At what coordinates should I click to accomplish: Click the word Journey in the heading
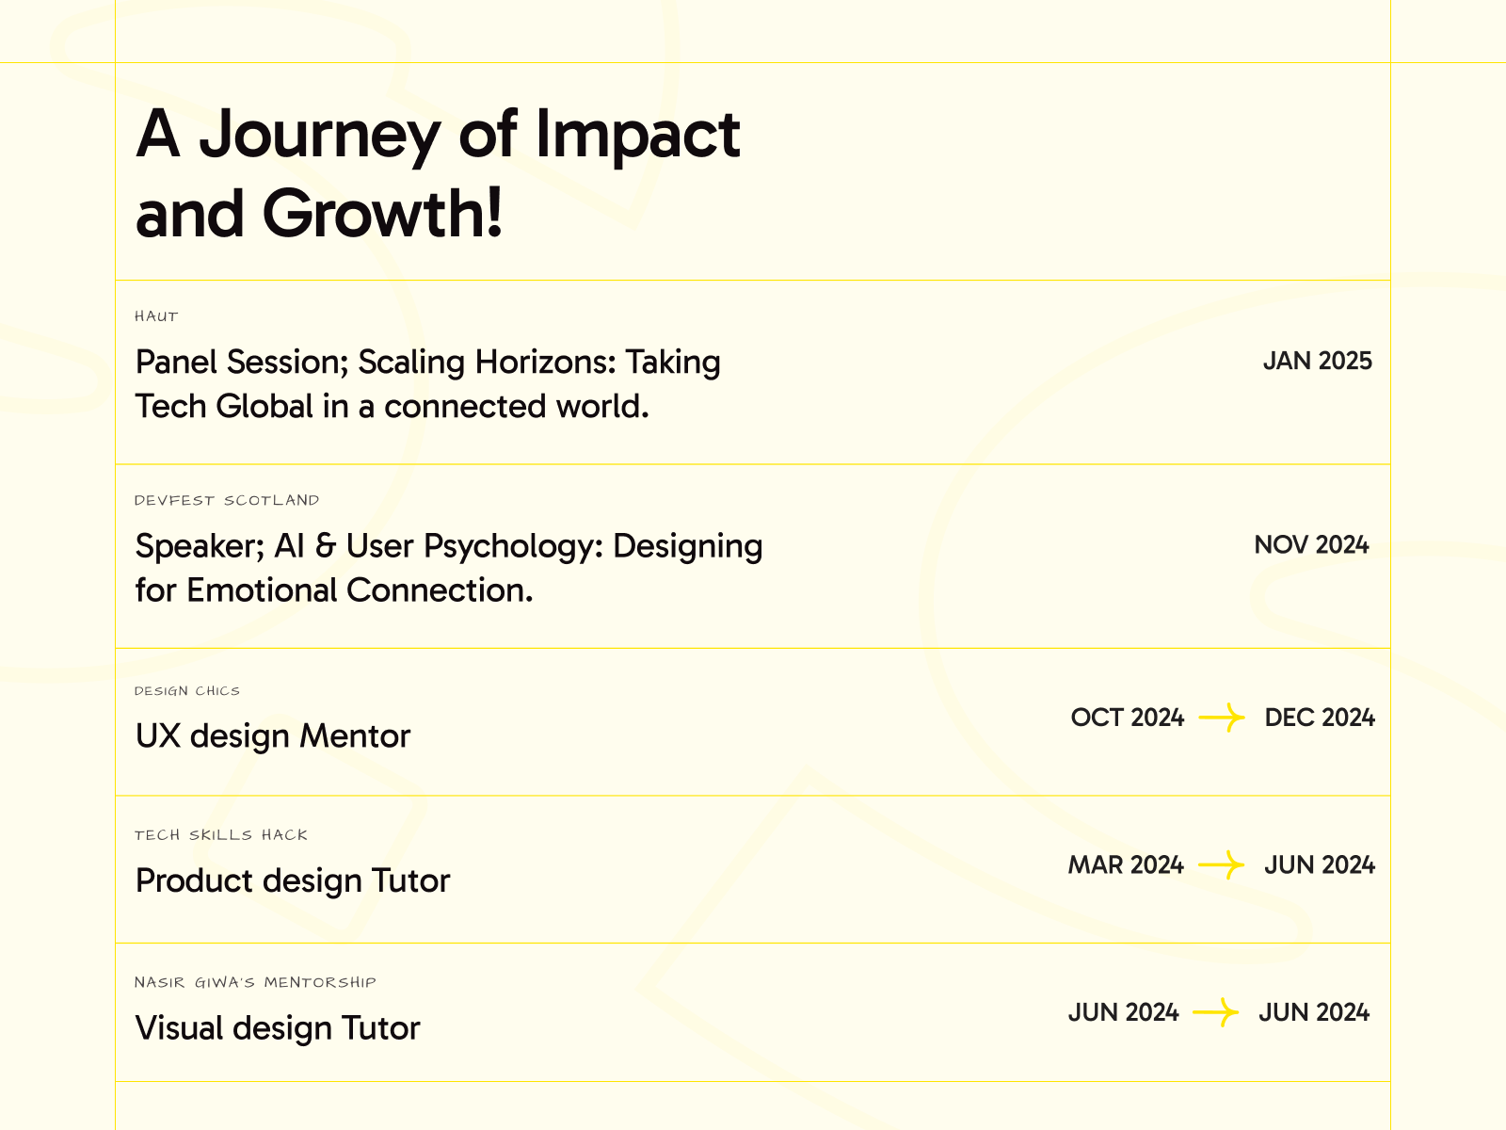320,136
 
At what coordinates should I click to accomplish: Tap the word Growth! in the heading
383,214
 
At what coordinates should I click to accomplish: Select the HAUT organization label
156,316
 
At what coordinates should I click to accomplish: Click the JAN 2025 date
1318,361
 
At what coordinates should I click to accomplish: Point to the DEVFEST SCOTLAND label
227,500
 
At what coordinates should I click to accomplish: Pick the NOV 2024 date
1311,545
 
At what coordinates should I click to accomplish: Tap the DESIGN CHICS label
187,691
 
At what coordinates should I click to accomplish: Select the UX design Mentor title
273,736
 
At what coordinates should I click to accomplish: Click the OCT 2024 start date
1128,718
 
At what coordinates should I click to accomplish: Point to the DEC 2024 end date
1320,718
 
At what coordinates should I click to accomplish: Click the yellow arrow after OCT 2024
1222,718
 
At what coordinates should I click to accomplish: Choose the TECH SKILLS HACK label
221,835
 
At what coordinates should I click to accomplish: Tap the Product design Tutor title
293,881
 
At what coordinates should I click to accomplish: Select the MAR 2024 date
1126,865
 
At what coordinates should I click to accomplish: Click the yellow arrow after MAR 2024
1221,865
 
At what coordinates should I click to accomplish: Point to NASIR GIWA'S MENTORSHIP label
255,982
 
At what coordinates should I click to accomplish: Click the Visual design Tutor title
278,1028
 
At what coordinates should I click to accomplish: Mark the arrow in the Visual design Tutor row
1216,1012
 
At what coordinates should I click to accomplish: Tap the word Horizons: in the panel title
545,362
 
